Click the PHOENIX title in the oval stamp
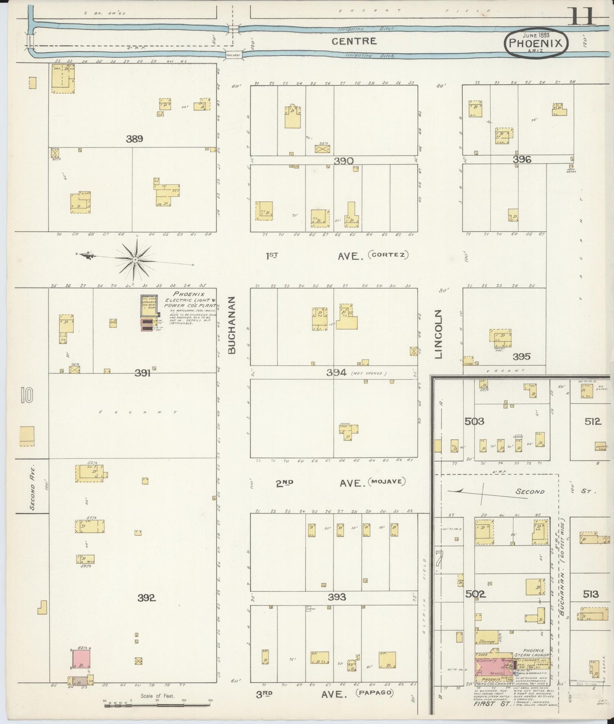tap(536, 43)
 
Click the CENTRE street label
tap(354, 41)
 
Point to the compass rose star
tap(135, 259)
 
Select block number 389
tap(134, 139)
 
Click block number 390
tap(343, 161)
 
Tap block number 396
tap(522, 160)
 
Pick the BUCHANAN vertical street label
tap(231, 325)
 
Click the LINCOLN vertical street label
tap(439, 334)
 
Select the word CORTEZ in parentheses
tap(389, 255)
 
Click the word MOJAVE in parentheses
tap(387, 482)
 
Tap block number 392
tap(147, 598)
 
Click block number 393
tap(337, 597)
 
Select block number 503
tap(474, 421)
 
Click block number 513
tap(591, 594)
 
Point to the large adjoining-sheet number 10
tap(25, 396)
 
